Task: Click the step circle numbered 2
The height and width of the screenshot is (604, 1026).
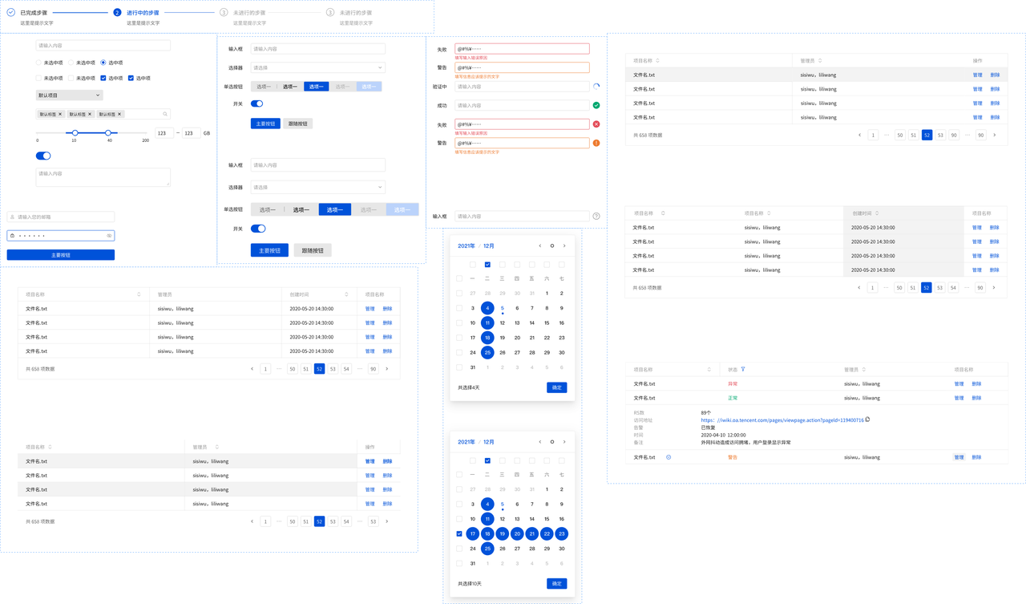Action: point(117,13)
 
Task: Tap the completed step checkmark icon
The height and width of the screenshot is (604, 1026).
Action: point(10,13)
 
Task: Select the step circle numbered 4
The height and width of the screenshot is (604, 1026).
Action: point(330,13)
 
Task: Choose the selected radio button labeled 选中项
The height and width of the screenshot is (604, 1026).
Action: point(103,63)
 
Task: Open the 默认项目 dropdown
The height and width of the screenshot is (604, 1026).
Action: point(69,95)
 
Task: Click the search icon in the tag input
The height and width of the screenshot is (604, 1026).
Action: point(165,114)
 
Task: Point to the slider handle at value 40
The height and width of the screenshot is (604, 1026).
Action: point(108,132)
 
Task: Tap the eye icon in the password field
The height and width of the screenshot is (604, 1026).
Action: point(109,236)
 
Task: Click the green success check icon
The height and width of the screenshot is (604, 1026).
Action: point(596,105)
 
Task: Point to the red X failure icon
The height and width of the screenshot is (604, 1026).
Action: point(596,124)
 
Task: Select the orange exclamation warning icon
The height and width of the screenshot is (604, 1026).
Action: point(596,143)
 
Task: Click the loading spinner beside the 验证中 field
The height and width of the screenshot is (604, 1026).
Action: point(596,87)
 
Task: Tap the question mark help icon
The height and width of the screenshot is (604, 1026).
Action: point(596,217)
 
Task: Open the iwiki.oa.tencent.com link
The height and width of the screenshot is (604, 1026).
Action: point(782,420)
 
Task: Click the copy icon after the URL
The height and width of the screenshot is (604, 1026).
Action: point(868,420)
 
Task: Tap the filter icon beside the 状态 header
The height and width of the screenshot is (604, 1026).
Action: point(743,370)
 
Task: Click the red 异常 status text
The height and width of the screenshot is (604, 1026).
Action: point(733,384)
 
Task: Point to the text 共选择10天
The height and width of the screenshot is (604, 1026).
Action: point(470,584)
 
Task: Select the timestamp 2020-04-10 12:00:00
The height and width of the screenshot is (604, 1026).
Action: point(723,435)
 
